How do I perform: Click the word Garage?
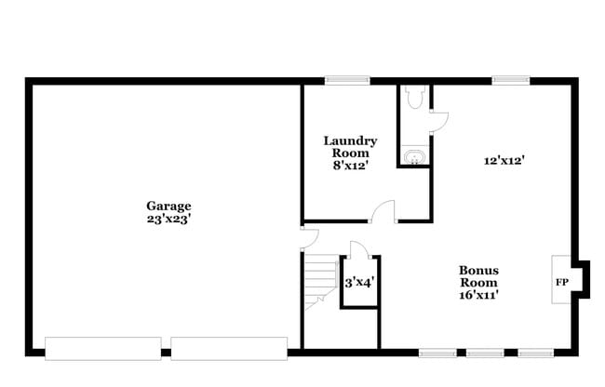point(168,206)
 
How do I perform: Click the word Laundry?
point(350,141)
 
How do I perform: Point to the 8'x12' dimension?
point(350,166)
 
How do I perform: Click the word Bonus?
point(477,271)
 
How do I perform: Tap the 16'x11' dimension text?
point(477,295)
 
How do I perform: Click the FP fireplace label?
point(561,281)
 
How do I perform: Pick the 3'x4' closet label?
point(359,282)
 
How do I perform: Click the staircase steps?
point(322,276)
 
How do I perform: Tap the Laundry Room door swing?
point(382,212)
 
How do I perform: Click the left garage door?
point(102,348)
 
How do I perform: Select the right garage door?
point(229,348)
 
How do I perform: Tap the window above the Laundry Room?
point(347,80)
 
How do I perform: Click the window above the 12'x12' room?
point(510,80)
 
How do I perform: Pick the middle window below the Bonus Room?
point(485,353)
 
